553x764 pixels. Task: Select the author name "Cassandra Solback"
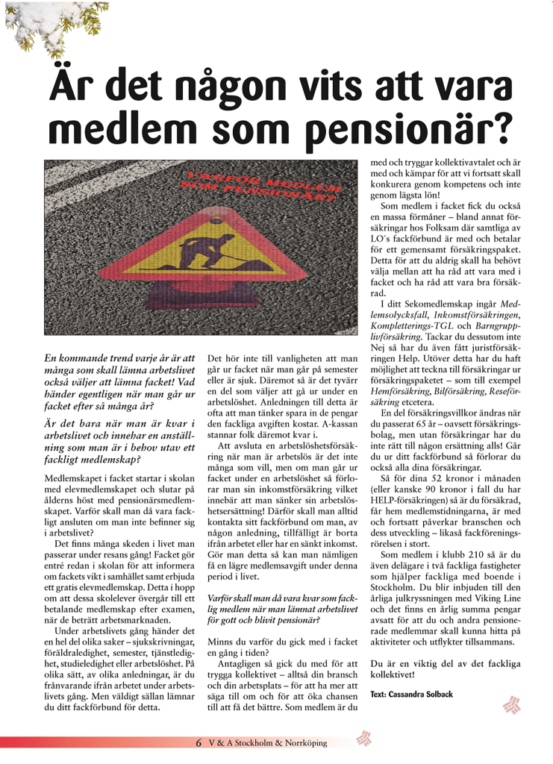[x=422, y=694]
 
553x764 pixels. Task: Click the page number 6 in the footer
[x=199, y=742]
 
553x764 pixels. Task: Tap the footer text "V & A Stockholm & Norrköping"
[x=268, y=742]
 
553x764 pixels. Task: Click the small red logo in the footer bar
[x=364, y=739]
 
